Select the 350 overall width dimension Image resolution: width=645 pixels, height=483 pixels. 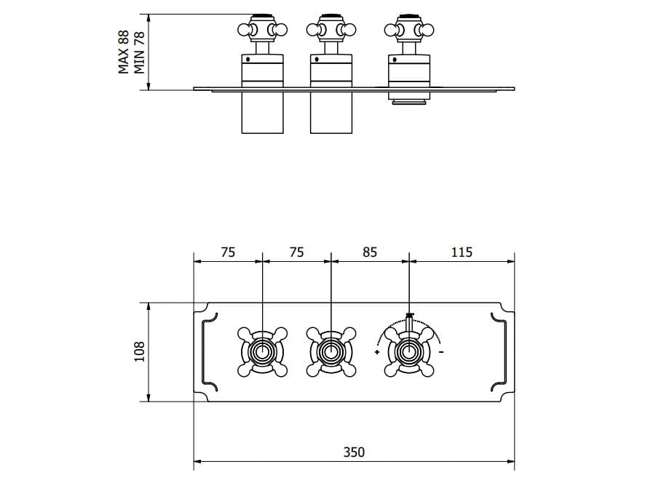354,452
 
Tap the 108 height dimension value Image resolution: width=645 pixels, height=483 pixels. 140,352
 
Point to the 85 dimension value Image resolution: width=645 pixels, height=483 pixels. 370,252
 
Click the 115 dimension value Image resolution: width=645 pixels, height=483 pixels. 462,252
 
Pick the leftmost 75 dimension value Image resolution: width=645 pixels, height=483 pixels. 227,252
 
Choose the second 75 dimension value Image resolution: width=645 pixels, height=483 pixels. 296,252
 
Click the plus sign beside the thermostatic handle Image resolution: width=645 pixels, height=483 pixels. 377,353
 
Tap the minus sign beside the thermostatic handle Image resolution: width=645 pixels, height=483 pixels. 442,353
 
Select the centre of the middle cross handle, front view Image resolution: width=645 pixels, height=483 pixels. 331,352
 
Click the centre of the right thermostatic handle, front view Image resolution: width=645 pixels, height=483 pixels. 409,352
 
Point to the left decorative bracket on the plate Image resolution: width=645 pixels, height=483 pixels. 208,352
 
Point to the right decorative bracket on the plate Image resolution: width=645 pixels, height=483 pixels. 501,352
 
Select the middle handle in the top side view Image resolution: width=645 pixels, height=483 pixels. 331,30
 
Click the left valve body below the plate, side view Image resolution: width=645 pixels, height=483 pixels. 262,112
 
